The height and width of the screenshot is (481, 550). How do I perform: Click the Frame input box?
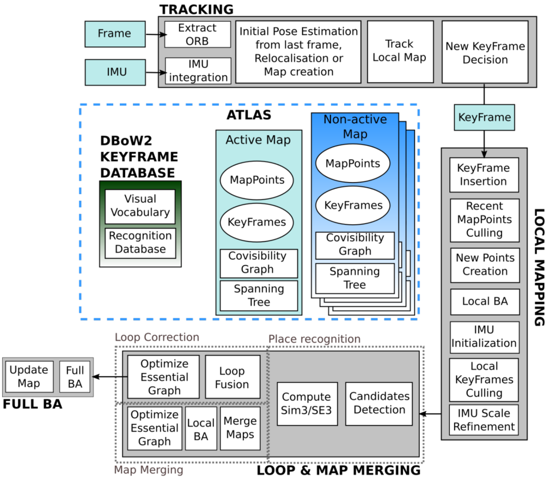click(115, 34)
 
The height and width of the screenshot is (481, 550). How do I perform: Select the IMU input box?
click(115, 72)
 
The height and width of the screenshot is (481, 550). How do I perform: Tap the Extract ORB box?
click(197, 34)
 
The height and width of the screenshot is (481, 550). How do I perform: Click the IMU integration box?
click(197, 71)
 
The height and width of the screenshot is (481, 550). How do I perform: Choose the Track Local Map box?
click(399, 50)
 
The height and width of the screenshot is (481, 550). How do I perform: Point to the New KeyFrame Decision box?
click(485, 52)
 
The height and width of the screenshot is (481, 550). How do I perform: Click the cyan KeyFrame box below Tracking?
click(484, 117)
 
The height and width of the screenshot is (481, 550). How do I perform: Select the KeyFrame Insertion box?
click(484, 175)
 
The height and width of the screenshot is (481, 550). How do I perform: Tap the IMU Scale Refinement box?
click(484, 419)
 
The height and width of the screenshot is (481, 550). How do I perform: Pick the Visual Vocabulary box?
click(140, 206)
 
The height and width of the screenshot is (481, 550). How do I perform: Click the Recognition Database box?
click(140, 243)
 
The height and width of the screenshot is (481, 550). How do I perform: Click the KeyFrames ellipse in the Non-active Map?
click(353, 206)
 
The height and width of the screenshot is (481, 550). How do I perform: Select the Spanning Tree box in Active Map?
click(259, 295)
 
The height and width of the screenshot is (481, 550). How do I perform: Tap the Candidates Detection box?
click(379, 403)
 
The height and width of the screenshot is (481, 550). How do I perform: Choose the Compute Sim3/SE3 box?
click(306, 403)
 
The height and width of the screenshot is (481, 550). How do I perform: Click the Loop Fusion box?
click(231, 377)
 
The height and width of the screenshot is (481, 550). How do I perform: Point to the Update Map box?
click(29, 376)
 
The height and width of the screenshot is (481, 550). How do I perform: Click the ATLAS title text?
click(248, 115)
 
